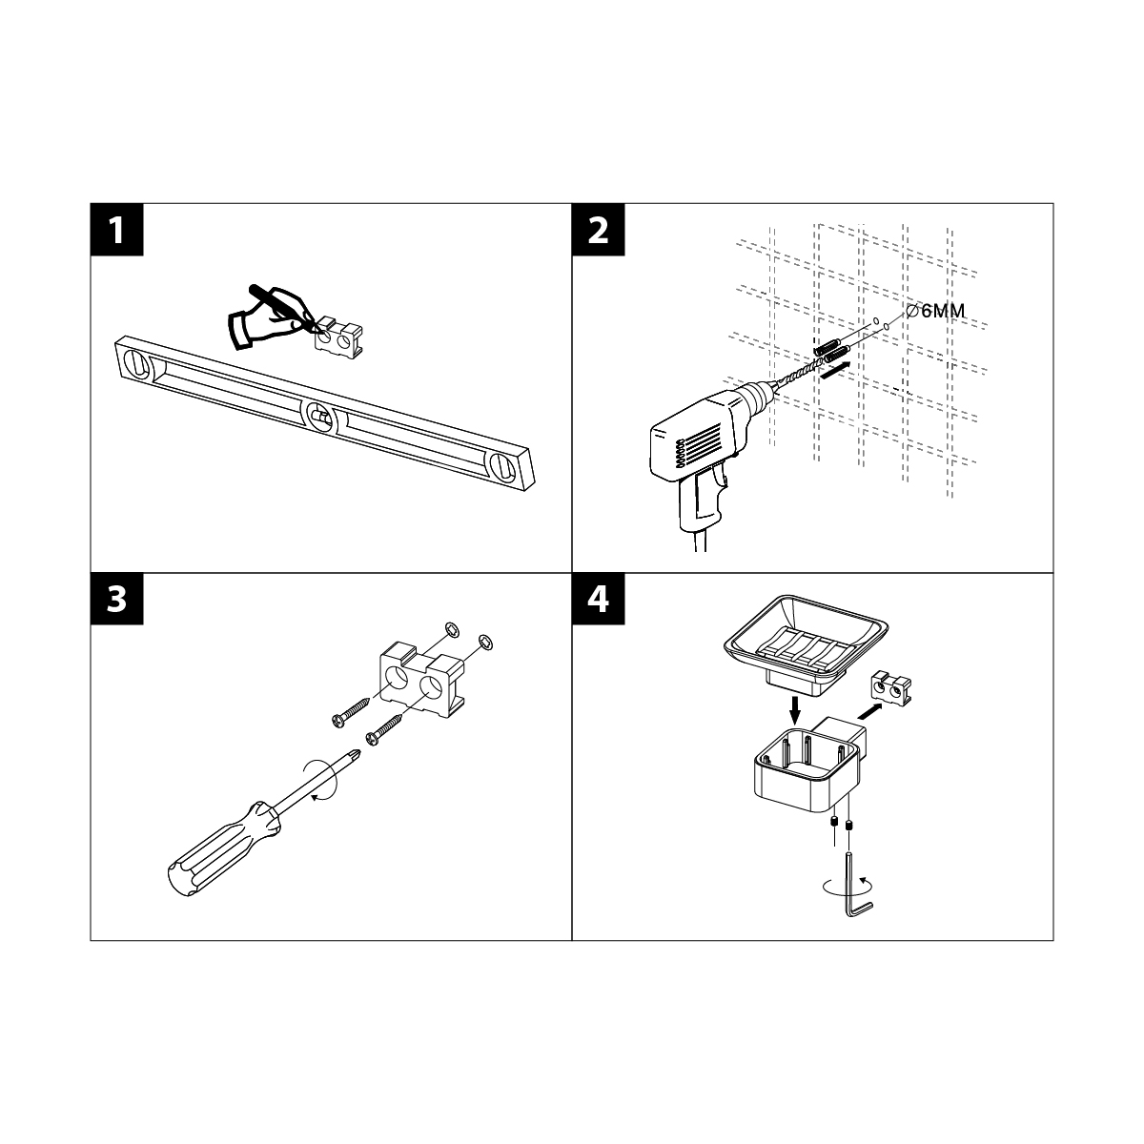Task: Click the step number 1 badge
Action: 117,230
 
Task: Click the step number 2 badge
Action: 599,230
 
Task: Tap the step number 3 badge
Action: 117,599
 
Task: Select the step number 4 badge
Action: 599,599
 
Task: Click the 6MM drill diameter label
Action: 936,311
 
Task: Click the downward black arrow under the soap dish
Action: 794,708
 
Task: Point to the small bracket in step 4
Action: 890,688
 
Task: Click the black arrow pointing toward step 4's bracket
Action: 870,711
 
